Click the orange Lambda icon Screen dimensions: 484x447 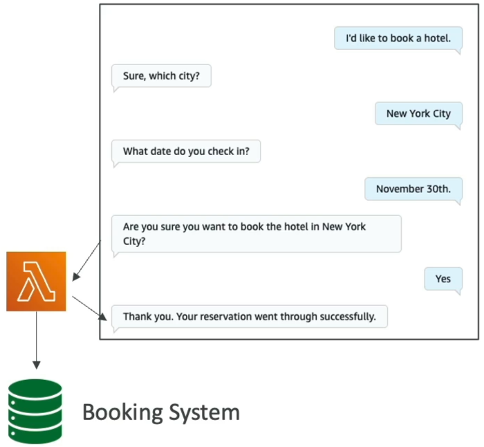(36, 282)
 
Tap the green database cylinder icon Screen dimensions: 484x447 (35, 412)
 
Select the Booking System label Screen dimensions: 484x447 (161, 412)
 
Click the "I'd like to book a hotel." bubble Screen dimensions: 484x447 (398, 39)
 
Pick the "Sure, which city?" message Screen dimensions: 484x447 (161, 76)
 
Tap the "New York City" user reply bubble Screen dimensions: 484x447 (418, 114)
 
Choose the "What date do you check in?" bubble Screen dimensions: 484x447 (186, 152)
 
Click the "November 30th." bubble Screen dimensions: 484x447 (413, 190)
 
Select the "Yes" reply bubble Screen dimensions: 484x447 (443, 280)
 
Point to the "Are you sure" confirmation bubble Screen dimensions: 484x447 (257, 234)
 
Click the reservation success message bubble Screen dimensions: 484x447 (250, 317)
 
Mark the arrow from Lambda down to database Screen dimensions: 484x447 (37, 340)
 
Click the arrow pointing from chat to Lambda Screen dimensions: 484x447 (86, 262)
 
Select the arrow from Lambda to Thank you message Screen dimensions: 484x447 (89, 308)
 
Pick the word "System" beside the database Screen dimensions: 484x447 (205, 413)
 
